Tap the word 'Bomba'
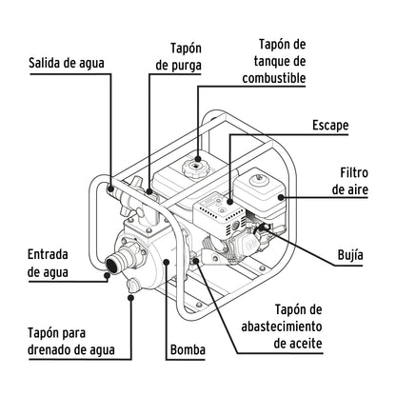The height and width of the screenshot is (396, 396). [x=188, y=350]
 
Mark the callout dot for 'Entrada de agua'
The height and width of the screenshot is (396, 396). [x=104, y=275]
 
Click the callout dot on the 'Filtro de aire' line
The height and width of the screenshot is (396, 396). [x=280, y=198]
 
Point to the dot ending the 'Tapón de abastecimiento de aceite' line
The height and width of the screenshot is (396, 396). [x=198, y=259]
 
